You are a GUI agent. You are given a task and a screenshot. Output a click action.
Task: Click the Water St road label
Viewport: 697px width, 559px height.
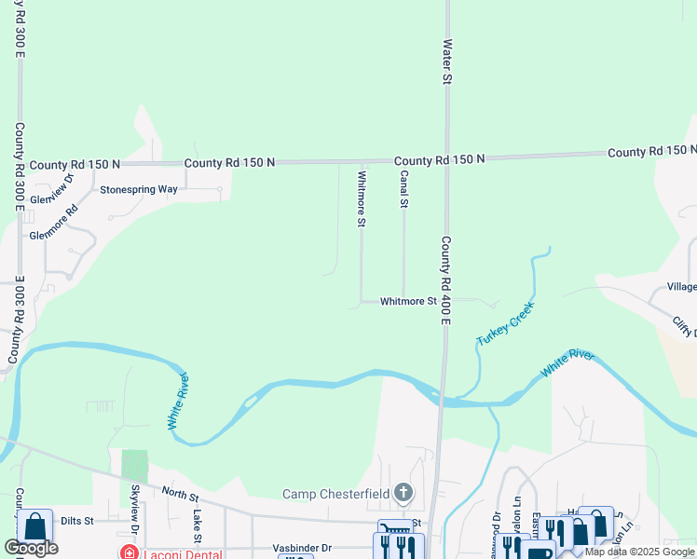pyautogui.click(x=447, y=62)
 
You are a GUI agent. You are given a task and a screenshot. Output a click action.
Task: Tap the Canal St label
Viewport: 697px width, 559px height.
pyautogui.click(x=404, y=189)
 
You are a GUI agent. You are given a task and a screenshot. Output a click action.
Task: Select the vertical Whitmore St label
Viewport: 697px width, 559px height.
pyautogui.click(x=362, y=197)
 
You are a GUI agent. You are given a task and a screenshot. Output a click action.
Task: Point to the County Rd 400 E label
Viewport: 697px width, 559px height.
pyautogui.click(x=446, y=280)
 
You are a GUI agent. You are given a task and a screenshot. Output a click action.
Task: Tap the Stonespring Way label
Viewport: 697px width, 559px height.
pyautogui.click(x=139, y=189)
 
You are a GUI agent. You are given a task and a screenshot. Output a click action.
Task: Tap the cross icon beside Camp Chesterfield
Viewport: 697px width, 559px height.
pyautogui.click(x=403, y=492)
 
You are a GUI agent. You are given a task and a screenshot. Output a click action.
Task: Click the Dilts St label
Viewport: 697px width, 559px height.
pyautogui.click(x=78, y=522)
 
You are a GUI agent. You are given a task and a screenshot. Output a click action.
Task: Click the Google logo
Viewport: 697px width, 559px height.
pyautogui.click(x=32, y=548)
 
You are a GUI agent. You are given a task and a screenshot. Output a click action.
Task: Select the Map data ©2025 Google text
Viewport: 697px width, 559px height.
pyautogui.click(x=639, y=552)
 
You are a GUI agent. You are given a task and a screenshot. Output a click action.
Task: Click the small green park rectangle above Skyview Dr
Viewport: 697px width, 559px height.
pyautogui.click(x=135, y=465)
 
